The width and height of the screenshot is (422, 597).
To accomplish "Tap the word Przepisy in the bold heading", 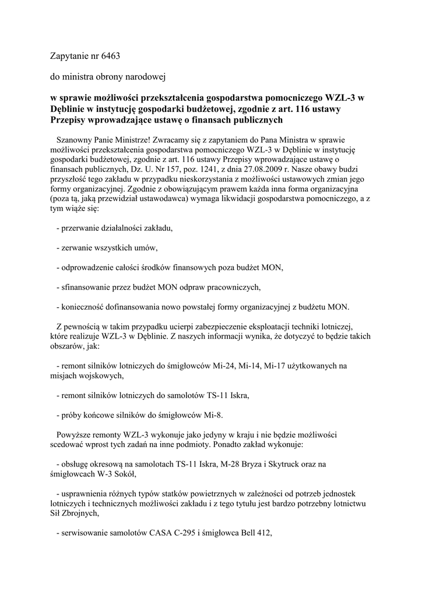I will pyautogui.click(x=69, y=120).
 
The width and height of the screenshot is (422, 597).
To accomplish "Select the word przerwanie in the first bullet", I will pyautogui.click(x=81, y=228).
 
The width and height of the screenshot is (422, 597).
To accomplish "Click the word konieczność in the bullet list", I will pyautogui.click(x=84, y=307).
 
